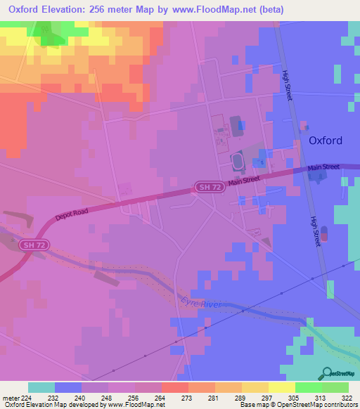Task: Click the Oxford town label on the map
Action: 326,141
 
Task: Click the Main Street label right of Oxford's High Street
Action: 323,167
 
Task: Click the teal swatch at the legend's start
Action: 41,387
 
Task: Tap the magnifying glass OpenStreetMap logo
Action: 326,373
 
